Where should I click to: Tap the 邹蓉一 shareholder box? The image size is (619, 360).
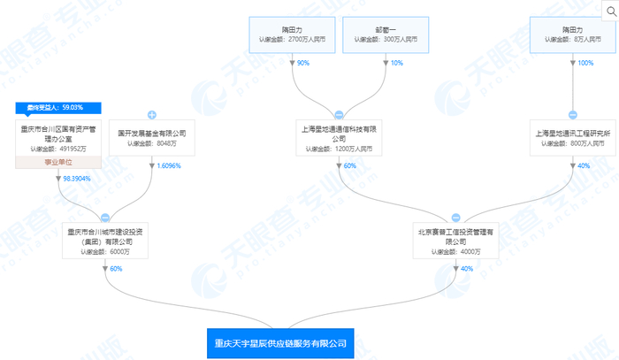pos(385,33)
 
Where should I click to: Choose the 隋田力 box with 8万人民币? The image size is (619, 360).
pos(571,33)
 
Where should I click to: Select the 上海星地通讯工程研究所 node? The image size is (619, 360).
pos(571,137)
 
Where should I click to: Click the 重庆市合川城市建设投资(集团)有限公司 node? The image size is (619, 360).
pos(105,241)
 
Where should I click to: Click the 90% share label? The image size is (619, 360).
pos(302,63)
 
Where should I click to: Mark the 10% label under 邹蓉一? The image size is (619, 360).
pos(396,63)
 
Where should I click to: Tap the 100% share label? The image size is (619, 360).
pos(585,63)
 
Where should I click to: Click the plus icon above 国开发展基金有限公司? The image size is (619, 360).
pos(151,115)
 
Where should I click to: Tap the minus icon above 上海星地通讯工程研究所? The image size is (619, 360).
pos(571,115)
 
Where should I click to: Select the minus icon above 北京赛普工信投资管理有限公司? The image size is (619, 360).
pos(455,217)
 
